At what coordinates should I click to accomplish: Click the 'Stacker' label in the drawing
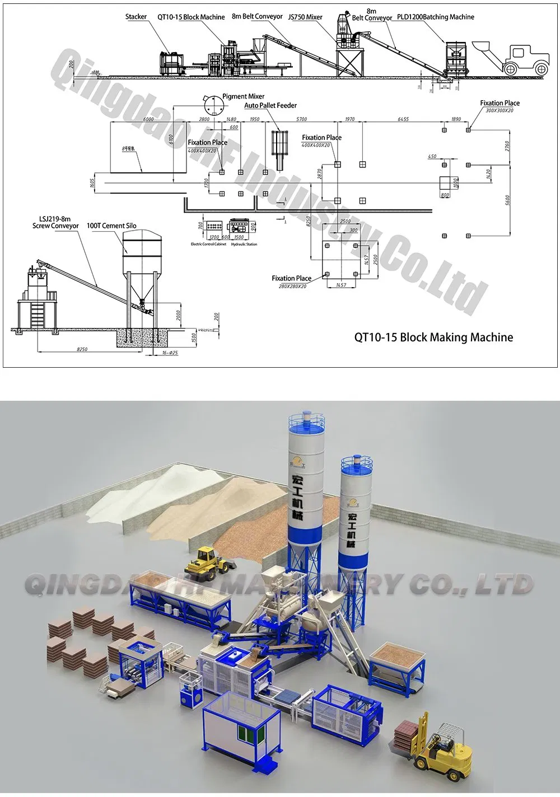click(136, 17)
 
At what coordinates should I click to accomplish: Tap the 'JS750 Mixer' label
click(305, 17)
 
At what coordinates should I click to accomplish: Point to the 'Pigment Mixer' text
click(243, 96)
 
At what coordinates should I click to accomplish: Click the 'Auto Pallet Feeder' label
click(270, 105)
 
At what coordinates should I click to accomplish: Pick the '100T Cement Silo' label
click(111, 226)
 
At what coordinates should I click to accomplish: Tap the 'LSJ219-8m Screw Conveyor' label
click(55, 222)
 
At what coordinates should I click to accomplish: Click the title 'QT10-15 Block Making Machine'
click(433, 337)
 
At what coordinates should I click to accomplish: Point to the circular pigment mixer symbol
click(211, 105)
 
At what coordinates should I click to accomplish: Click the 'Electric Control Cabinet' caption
click(209, 244)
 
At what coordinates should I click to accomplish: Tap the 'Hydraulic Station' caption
click(244, 244)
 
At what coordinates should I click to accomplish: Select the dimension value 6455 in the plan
click(403, 119)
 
